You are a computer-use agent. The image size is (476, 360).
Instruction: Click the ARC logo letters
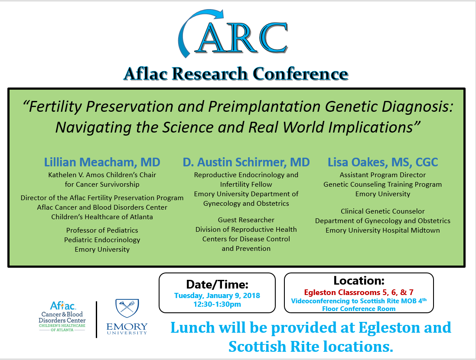click(x=241, y=38)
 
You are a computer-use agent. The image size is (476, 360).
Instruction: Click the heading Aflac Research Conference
click(x=236, y=74)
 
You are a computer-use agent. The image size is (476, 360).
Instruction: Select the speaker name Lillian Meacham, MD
click(x=102, y=162)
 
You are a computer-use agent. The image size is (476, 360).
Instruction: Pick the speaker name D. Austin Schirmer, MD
click(x=246, y=162)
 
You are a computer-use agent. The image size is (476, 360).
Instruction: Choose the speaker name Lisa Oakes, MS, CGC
click(x=383, y=162)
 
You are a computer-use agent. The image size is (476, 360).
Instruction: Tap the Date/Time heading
click(x=217, y=285)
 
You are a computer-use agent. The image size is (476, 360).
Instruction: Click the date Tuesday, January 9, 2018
click(x=217, y=296)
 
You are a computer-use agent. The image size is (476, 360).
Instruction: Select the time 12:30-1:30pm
click(x=217, y=304)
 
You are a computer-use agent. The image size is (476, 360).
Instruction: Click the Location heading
click(x=359, y=281)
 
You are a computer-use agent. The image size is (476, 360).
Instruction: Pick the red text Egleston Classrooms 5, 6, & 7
click(x=359, y=292)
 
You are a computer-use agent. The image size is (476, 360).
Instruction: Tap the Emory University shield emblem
click(x=127, y=308)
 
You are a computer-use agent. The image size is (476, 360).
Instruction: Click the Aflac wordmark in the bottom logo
click(x=63, y=305)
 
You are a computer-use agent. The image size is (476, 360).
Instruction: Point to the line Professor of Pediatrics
click(x=102, y=230)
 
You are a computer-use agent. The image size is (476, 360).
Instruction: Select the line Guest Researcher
click(x=246, y=220)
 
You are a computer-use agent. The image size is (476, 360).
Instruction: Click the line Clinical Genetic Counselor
click(x=382, y=211)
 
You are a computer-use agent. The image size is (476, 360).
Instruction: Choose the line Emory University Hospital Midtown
click(x=382, y=230)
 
